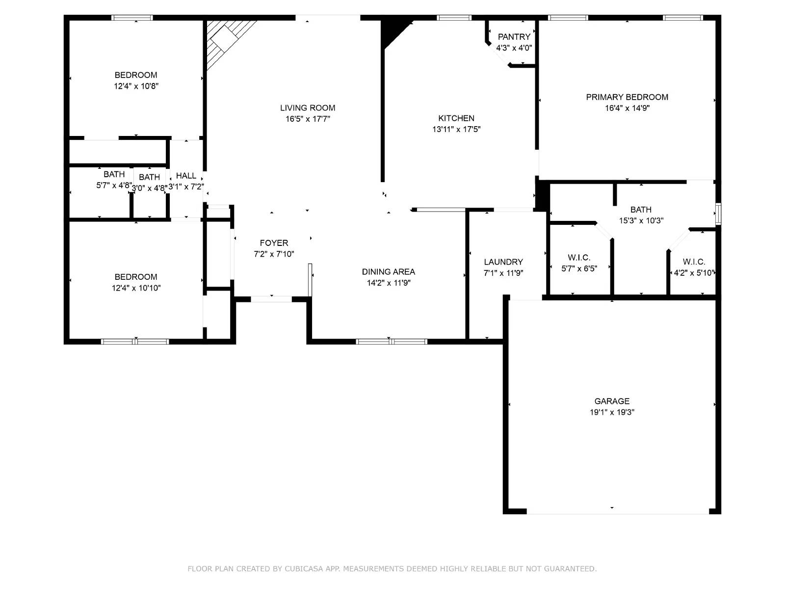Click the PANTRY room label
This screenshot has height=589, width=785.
pos(514,37)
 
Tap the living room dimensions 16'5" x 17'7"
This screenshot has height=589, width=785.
pos(308,119)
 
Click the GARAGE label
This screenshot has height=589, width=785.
pos(612,401)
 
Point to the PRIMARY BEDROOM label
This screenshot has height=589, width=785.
pos(627,97)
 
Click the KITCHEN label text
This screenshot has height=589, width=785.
pos(456,118)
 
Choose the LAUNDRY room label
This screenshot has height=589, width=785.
pos(503,262)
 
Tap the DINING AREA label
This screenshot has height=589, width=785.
pos(388,272)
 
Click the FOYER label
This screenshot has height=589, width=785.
pos(274,243)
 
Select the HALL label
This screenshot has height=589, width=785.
pos(186,176)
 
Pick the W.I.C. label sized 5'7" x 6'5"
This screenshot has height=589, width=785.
pos(579,258)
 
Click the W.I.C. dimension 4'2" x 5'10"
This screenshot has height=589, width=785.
pos(694,273)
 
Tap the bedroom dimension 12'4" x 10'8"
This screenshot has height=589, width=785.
pos(136,86)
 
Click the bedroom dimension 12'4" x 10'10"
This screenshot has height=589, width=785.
pos(136,288)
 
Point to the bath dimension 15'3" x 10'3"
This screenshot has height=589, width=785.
pos(641,221)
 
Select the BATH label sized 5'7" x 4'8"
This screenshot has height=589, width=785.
pos(114,174)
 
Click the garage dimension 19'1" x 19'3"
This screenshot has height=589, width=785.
pos(612,412)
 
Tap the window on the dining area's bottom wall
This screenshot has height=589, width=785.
pos(391,342)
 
